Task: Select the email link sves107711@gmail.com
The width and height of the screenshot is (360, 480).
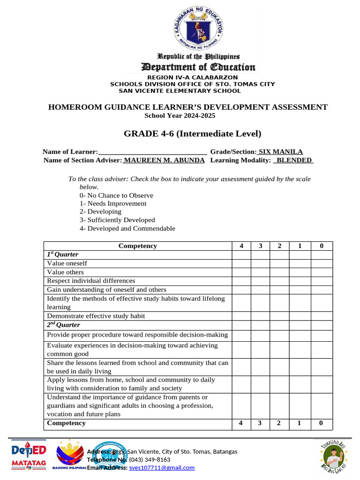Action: [162, 468]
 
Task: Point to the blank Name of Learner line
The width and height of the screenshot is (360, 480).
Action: [153, 152]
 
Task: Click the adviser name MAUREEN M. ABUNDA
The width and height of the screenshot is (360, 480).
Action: [164, 160]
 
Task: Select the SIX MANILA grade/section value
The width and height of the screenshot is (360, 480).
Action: [281, 152]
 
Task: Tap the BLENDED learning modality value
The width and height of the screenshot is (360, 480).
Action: [293, 160]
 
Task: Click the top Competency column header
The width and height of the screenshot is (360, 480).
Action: [138, 246]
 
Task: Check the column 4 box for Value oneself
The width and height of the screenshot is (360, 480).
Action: [241, 263]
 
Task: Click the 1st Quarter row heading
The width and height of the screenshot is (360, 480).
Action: [62, 255]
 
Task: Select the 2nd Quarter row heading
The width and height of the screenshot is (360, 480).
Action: [63, 325]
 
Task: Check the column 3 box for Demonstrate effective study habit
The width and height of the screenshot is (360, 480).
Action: [260, 316]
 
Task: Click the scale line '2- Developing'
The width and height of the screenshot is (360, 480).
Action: [100, 212]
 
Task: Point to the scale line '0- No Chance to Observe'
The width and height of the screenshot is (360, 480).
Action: [116, 195]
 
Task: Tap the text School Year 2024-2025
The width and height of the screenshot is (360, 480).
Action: [180, 116]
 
